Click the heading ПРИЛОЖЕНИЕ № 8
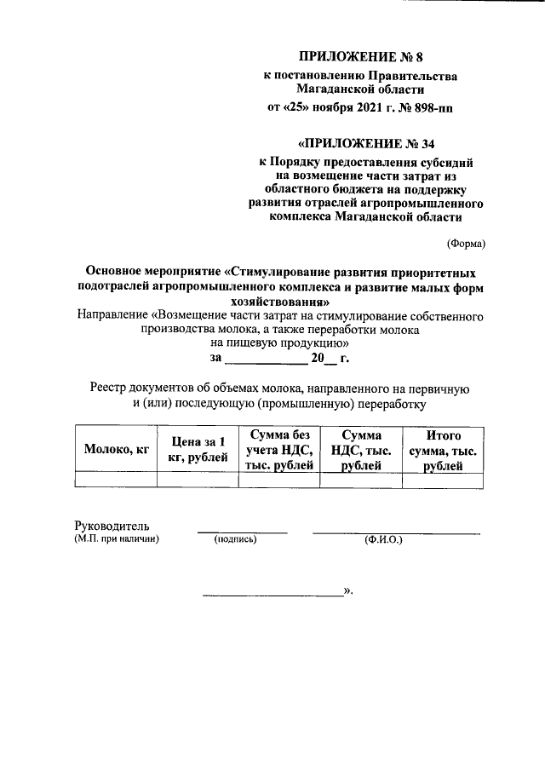[360, 58]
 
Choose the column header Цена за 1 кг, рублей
[198, 451]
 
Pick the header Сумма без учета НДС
[279, 451]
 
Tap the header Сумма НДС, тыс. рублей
[361, 451]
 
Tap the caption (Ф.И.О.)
[383, 539]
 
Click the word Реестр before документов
[112, 388]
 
